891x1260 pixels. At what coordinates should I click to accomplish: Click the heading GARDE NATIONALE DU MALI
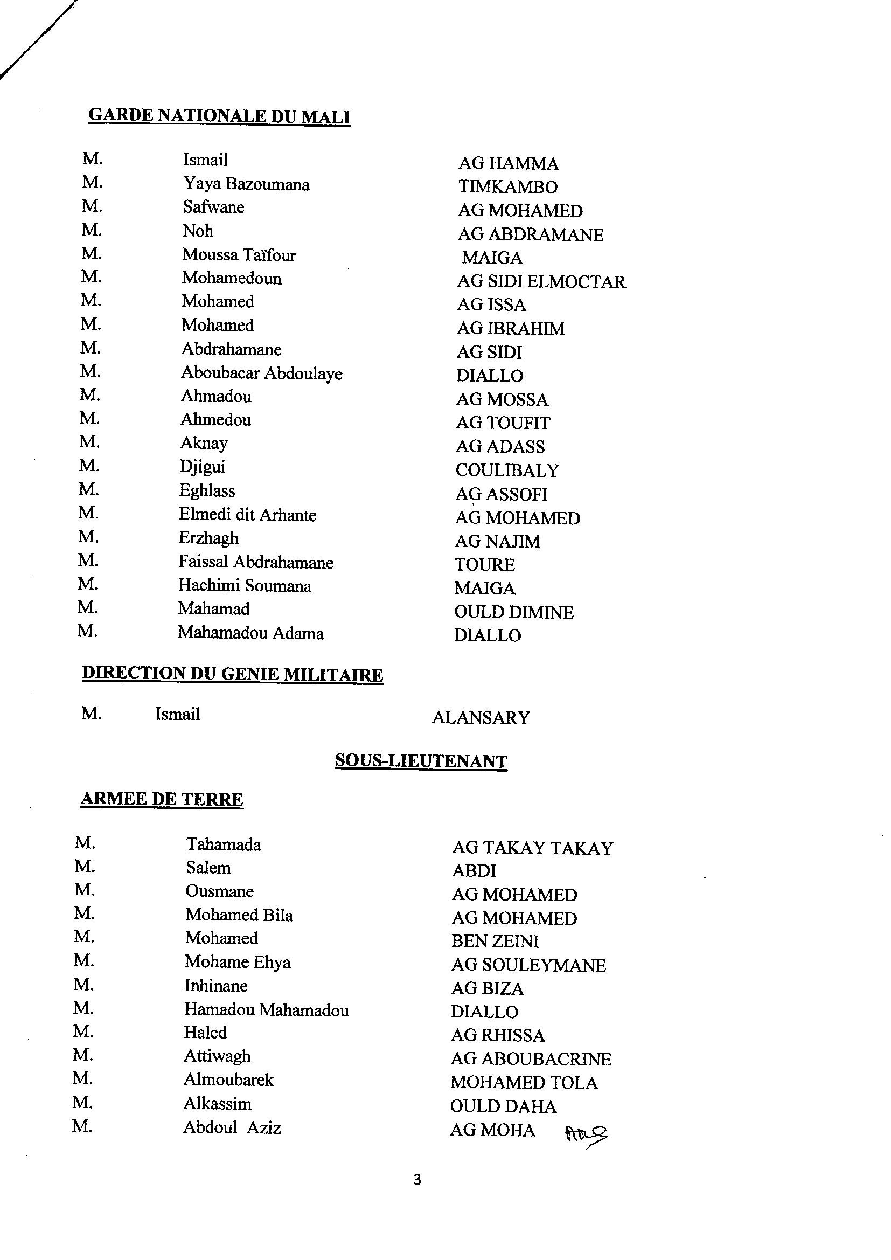pyautogui.click(x=219, y=116)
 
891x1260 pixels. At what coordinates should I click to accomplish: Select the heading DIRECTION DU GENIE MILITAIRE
pyautogui.click(x=232, y=674)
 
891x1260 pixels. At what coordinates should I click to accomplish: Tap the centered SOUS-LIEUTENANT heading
pyautogui.click(x=421, y=761)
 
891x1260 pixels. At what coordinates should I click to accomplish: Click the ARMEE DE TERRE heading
pyautogui.click(x=162, y=799)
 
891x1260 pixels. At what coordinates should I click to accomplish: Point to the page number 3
pyautogui.click(x=417, y=1179)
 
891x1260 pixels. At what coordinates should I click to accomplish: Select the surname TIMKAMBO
pyautogui.click(x=508, y=187)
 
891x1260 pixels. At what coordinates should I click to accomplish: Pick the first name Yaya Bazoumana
pyautogui.click(x=246, y=184)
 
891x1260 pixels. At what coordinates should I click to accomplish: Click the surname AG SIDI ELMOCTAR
pyautogui.click(x=541, y=282)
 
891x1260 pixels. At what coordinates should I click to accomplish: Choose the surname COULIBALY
pyautogui.click(x=507, y=470)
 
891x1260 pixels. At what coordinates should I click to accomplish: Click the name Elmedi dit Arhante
pyautogui.click(x=247, y=515)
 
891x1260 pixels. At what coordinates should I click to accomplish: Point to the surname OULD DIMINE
pyautogui.click(x=513, y=612)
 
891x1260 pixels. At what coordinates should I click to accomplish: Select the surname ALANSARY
pyautogui.click(x=481, y=718)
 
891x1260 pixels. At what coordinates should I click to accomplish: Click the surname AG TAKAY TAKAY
pyautogui.click(x=532, y=848)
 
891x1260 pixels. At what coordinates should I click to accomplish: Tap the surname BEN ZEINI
pyautogui.click(x=495, y=941)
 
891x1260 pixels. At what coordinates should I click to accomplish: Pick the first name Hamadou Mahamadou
pyautogui.click(x=266, y=1010)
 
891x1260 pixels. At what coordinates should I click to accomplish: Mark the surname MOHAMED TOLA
pyautogui.click(x=524, y=1082)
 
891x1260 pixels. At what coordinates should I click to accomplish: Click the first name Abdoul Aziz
pyautogui.click(x=232, y=1128)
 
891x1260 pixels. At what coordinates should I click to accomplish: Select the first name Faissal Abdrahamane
pyautogui.click(x=256, y=562)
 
